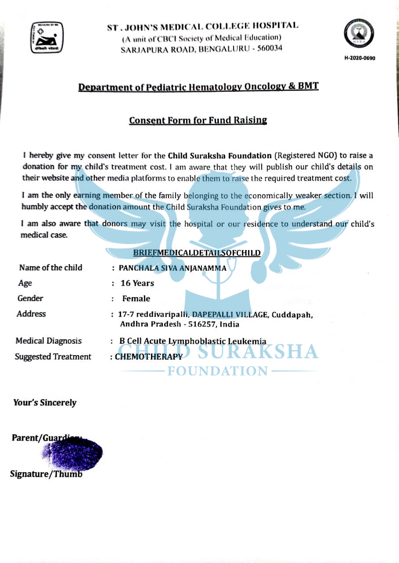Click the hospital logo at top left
(x=47, y=37)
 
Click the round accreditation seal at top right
(x=359, y=33)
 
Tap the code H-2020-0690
(x=360, y=58)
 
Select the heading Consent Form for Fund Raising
(x=198, y=120)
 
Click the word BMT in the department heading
(x=308, y=86)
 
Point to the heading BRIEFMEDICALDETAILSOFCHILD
(x=197, y=253)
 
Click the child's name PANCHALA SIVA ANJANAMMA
(x=172, y=268)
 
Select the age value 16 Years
(x=137, y=283)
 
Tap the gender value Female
(x=136, y=299)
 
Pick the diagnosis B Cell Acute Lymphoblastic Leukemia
(x=193, y=341)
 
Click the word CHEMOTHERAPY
(x=149, y=357)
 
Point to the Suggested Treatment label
(x=53, y=357)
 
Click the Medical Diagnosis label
(x=49, y=341)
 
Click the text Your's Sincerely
(x=45, y=403)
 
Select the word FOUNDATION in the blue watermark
(x=218, y=371)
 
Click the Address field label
(x=31, y=314)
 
